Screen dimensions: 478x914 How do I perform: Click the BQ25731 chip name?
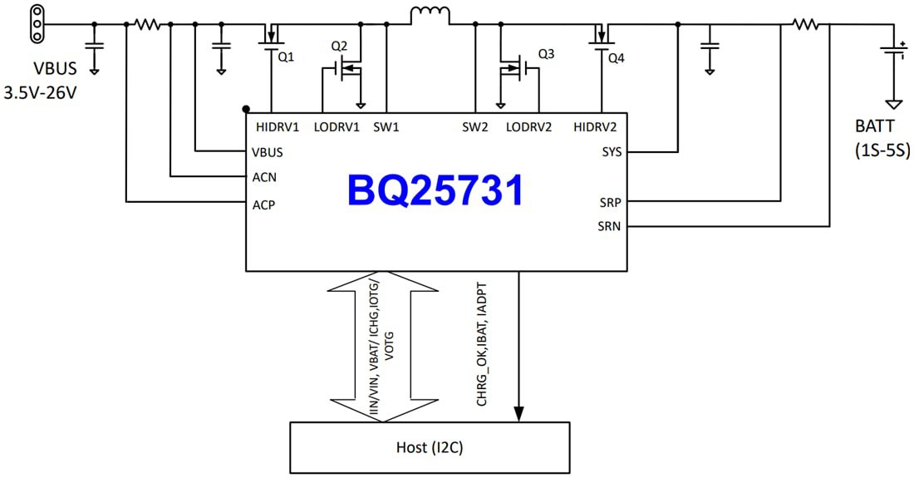click(435, 191)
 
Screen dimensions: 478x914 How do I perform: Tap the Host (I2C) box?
click(430, 448)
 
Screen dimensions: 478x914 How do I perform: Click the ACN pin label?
click(264, 177)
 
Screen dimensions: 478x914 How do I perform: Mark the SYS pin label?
click(611, 153)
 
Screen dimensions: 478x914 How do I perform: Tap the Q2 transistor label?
click(340, 45)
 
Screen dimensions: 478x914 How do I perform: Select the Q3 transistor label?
click(546, 54)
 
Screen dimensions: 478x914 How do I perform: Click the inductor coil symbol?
click(430, 15)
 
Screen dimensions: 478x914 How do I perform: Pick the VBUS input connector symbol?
click(37, 23)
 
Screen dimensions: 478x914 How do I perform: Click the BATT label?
click(876, 127)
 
